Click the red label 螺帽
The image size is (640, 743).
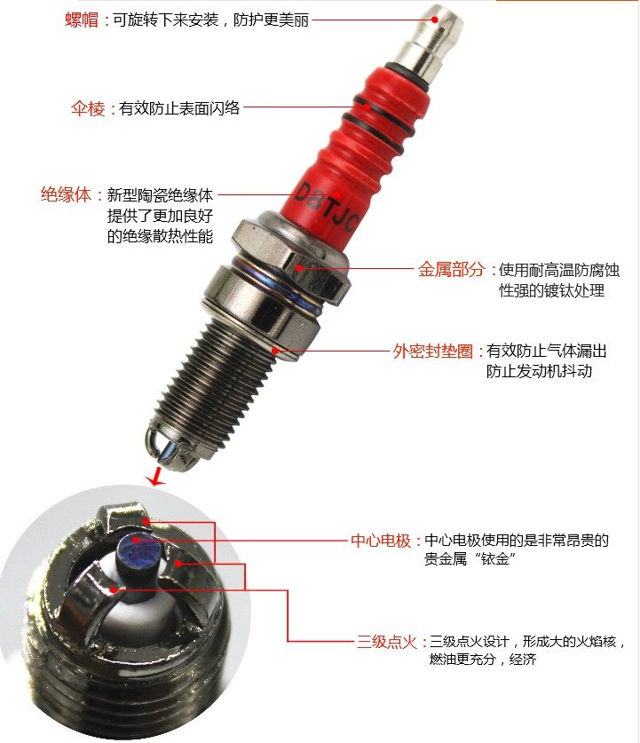tap(82, 20)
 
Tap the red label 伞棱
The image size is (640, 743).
tap(88, 108)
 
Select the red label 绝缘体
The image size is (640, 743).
tap(66, 194)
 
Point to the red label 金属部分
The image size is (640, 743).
tap(452, 269)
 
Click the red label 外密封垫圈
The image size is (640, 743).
tap(433, 352)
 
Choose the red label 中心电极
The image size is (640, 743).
tap(381, 541)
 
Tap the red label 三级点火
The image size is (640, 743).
tap(386, 642)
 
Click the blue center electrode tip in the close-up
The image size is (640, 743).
tap(138, 549)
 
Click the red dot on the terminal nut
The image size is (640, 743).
tap(434, 20)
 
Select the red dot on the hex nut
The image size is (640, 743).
tap(299, 268)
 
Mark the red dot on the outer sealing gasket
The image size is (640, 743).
tap(275, 352)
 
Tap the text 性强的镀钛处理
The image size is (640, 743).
tap(552, 290)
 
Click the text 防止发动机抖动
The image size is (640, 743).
tap(539, 371)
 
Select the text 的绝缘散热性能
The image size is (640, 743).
tap(160, 235)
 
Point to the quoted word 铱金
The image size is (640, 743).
tap(495, 558)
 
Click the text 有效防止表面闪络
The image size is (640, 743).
tap(179, 108)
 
